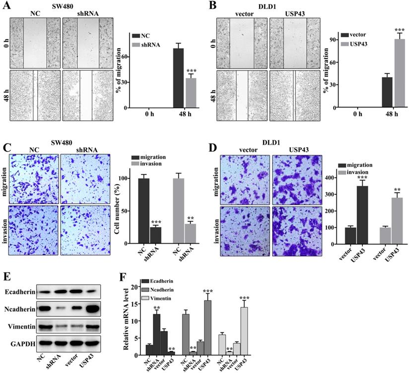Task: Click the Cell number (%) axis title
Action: [x=111, y=199]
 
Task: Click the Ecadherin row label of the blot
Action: [x=19, y=292]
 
